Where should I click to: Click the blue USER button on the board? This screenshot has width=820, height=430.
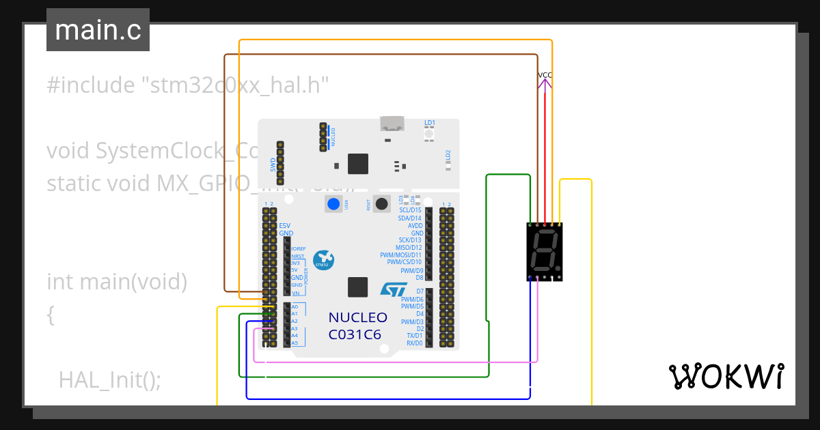[x=333, y=203]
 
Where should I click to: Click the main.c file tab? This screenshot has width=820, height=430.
[x=98, y=30]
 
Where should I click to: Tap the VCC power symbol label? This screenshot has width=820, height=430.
[x=545, y=75]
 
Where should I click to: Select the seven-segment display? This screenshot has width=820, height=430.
[x=545, y=252]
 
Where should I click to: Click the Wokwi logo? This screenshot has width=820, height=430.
[x=726, y=376]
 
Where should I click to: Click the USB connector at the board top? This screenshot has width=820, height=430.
[x=392, y=124]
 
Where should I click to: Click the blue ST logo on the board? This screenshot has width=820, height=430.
[x=393, y=289]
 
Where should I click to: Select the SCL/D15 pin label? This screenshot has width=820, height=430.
[x=411, y=210]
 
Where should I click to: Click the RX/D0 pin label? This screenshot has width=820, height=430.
[x=415, y=343]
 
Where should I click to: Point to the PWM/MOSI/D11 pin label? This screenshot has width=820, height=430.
[x=401, y=255]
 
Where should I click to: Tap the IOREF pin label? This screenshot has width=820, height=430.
[x=299, y=249]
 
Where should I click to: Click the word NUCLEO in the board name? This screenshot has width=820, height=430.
[x=357, y=318]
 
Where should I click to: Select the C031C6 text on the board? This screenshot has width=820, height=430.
[x=355, y=334]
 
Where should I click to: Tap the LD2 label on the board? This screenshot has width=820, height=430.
[x=448, y=155]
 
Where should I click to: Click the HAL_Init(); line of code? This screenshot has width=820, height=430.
[x=110, y=380]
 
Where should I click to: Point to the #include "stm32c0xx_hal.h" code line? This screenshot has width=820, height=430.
[x=188, y=85]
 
